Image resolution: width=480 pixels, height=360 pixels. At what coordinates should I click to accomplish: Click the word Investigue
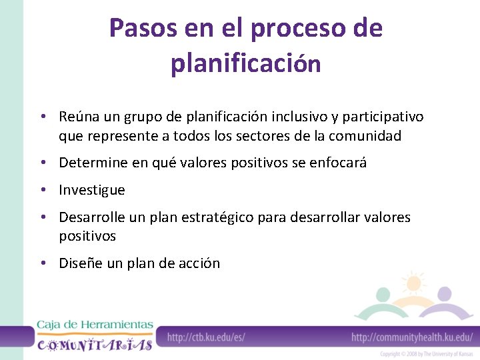pyautogui.click(x=92, y=190)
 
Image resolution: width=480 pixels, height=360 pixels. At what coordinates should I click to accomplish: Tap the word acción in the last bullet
pyautogui.click(x=199, y=263)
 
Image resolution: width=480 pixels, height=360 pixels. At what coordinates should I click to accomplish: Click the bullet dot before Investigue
pyautogui.click(x=42, y=190)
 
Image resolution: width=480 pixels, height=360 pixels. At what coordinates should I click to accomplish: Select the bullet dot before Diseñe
pyautogui.click(x=42, y=263)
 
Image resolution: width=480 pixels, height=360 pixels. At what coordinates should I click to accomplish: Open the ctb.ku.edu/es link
pyautogui.click(x=206, y=337)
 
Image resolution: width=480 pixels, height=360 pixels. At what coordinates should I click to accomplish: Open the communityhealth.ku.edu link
pyautogui.click(x=411, y=337)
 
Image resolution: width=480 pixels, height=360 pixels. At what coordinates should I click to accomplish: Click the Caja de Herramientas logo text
pyautogui.click(x=95, y=325)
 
